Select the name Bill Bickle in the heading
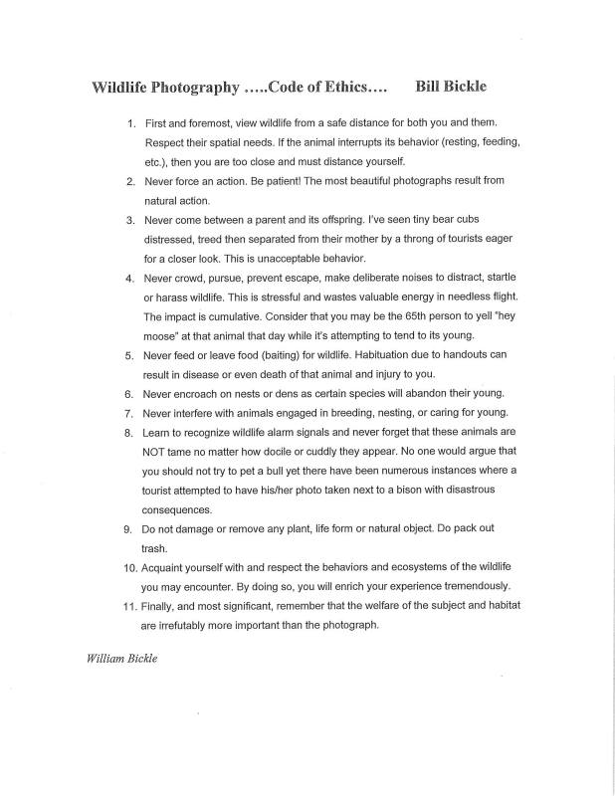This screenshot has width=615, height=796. (x=452, y=86)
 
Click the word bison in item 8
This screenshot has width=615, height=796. (x=404, y=489)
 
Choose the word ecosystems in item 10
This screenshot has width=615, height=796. (x=391, y=566)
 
